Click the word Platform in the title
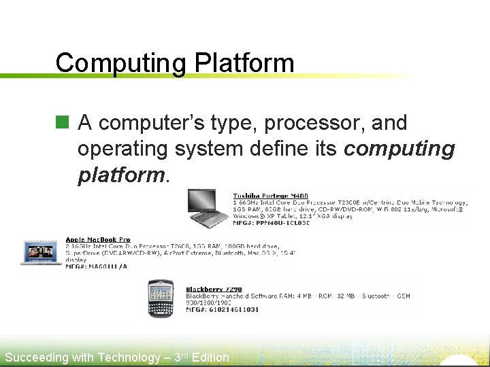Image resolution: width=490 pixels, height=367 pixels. tap(244, 63)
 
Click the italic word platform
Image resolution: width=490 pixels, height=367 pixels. tap(121, 175)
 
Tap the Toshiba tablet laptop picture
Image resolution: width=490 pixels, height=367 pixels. tap(210, 208)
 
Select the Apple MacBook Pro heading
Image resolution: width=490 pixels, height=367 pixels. tap(98, 240)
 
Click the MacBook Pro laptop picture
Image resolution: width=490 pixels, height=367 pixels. tap(42, 251)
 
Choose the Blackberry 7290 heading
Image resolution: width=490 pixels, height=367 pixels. tap(214, 289)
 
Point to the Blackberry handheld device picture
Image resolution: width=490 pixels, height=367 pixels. tap(162, 297)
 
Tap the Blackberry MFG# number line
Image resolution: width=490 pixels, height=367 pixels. tap(223, 309)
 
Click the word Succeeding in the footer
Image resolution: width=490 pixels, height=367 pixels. tap(37, 357)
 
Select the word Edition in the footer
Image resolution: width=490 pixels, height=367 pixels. tap(210, 357)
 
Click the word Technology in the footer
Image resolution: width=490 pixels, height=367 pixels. tap(129, 357)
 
